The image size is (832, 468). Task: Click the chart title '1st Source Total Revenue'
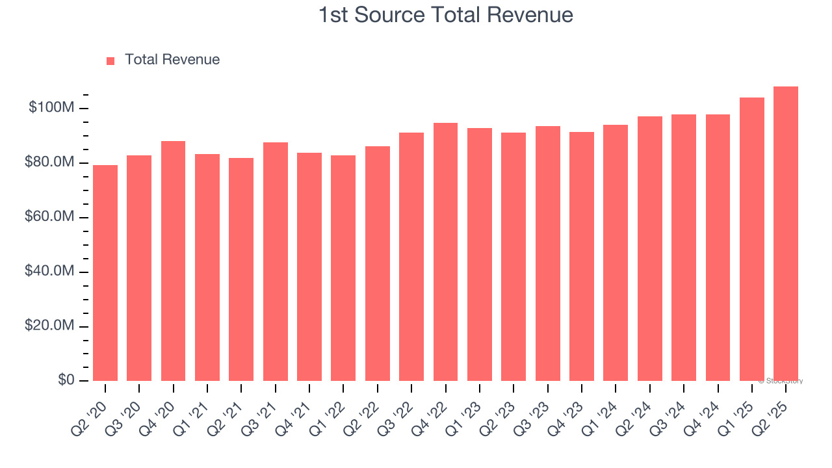coord(445,15)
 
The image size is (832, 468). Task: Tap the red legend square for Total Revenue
coord(110,60)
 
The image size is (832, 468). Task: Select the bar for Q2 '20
coord(105,273)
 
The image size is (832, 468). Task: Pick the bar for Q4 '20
coord(173,261)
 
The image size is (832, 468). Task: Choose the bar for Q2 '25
coord(786,233)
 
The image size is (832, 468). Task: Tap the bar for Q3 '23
coord(547,253)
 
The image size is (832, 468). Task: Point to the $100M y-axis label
coord(51,107)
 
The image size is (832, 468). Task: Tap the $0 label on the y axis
coord(66,380)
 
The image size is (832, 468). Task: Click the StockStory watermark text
coord(781,381)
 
